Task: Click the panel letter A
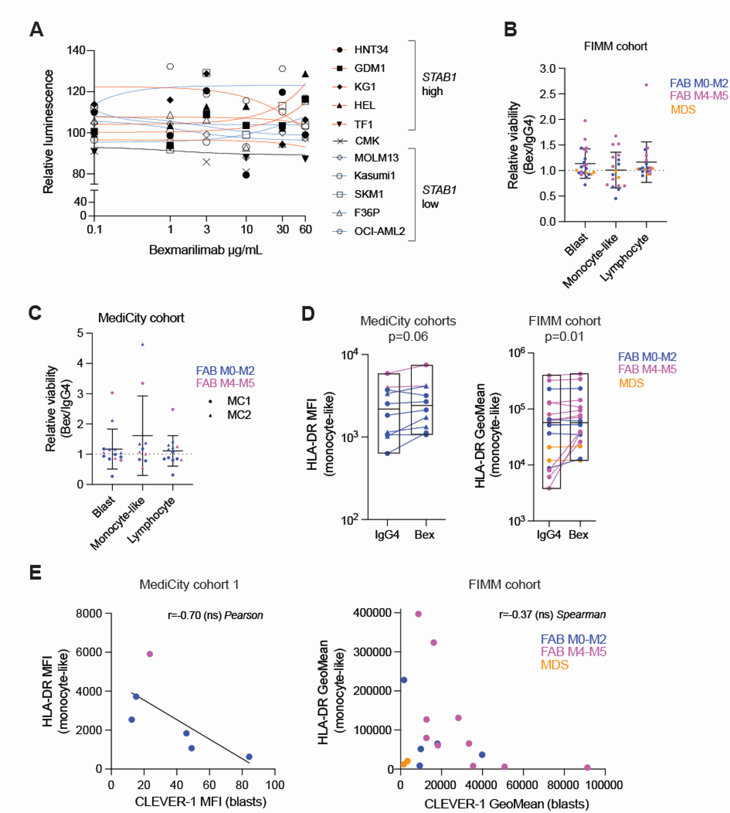[x=36, y=30]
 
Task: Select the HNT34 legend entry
[x=370, y=50]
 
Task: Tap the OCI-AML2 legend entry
[x=379, y=231]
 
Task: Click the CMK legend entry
[x=366, y=141]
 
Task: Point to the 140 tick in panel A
[x=76, y=51]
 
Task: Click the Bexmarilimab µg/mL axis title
[x=205, y=250]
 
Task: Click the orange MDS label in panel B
[x=683, y=109]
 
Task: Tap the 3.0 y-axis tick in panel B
[x=547, y=69]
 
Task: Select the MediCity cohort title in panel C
[x=141, y=318]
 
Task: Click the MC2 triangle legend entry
[x=238, y=415]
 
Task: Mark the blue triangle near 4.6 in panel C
[x=143, y=344]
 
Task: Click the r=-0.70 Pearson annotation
[x=215, y=615]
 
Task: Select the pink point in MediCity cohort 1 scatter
[x=150, y=654]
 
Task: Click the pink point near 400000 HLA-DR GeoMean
[x=418, y=614]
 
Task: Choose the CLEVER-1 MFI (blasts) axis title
[x=201, y=801]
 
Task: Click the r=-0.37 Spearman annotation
[x=552, y=614]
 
